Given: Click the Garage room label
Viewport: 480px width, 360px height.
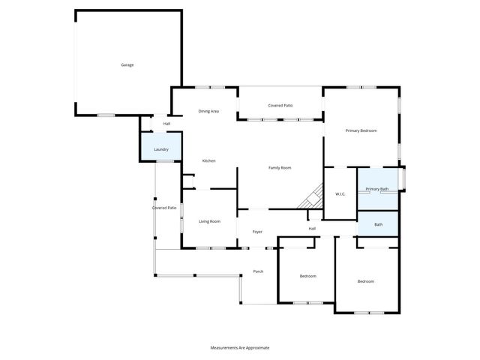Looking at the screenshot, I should coord(127,65).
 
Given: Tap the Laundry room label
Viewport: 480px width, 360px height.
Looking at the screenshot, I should coord(161,149).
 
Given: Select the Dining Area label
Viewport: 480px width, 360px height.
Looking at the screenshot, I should coord(208,112).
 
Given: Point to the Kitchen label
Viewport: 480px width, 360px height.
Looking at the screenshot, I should coord(209,161).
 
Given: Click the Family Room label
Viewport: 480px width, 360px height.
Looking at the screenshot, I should coord(280,167).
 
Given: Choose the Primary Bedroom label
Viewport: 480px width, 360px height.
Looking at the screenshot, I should coord(361,131).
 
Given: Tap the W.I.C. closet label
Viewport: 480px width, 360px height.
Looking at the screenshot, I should coord(339,195).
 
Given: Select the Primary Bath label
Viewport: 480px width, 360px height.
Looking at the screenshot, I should coord(376,189).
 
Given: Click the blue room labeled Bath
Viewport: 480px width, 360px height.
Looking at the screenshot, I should coord(379,224).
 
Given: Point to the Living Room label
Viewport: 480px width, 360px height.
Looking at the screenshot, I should coord(209,221).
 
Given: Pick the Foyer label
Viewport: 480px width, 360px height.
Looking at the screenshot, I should coord(257,232).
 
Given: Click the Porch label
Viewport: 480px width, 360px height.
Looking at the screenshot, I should coord(258,271).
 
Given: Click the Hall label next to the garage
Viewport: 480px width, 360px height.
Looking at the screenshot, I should coord(166,124).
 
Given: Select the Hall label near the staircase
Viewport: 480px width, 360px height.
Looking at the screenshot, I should coord(312,229).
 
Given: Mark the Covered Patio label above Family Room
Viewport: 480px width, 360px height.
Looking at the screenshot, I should coord(280,106).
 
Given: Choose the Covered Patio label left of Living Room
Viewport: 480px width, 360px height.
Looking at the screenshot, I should coord(164,208).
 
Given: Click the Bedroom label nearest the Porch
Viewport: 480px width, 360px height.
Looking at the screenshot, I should coord(307,276).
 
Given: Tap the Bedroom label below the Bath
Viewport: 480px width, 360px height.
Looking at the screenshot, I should coord(365,281).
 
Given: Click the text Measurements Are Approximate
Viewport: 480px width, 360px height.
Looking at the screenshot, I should coord(239,348).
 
